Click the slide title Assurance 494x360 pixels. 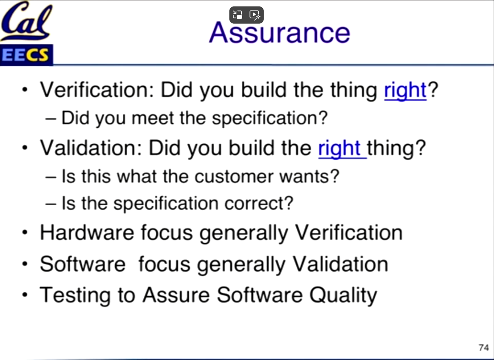(280, 32)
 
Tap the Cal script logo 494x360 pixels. (27, 21)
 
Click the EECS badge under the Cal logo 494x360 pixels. (27, 55)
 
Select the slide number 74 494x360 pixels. (483, 347)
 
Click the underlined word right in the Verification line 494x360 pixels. (405, 91)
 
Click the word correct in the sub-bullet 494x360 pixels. (259, 203)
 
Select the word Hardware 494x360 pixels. (87, 233)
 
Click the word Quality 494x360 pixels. (343, 296)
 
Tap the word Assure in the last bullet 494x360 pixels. (176, 295)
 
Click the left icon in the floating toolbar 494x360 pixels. (238, 15)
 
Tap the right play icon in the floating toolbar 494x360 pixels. (255, 15)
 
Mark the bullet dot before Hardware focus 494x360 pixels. (25, 233)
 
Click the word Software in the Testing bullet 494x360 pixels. (260, 295)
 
